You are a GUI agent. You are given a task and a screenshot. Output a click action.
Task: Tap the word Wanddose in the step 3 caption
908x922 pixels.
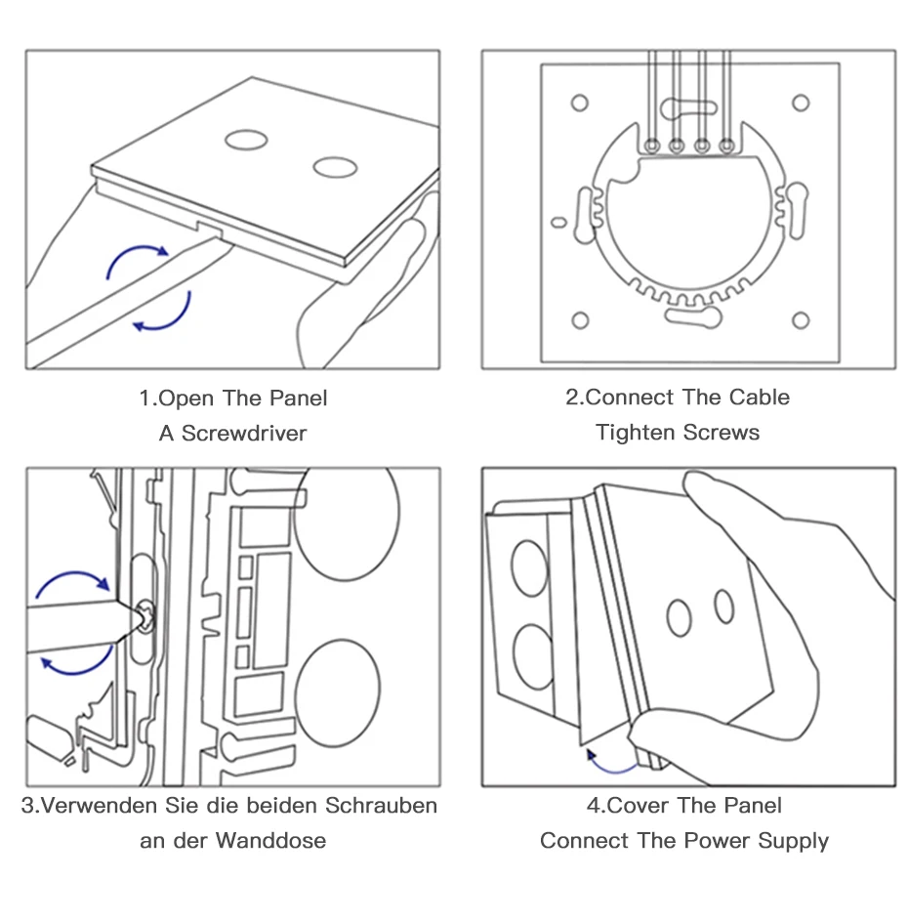point(270,840)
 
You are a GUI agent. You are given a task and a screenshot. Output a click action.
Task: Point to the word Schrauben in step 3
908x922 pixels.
point(381,806)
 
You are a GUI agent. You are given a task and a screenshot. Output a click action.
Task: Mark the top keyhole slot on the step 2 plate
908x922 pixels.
point(689,106)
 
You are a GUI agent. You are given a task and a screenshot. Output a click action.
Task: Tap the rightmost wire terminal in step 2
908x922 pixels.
point(726,147)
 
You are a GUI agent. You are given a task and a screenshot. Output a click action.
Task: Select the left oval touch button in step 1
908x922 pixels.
point(245,140)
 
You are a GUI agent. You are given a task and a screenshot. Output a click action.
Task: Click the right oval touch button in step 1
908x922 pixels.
point(335,167)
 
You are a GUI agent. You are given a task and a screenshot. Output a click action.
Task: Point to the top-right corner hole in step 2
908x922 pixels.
point(801,103)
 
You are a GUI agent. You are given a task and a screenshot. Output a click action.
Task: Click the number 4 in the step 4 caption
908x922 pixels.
point(592,806)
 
